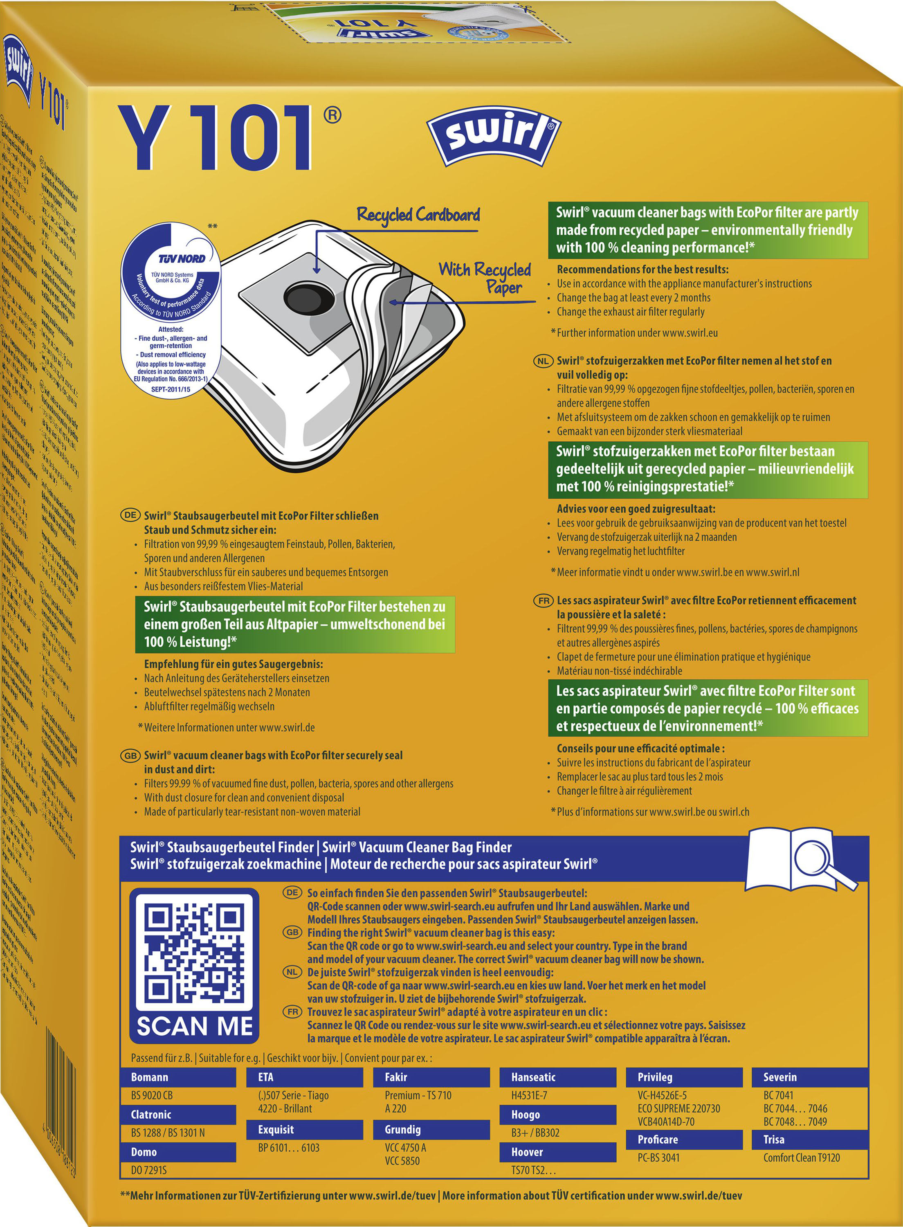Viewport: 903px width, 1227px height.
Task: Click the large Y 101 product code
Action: [x=216, y=138]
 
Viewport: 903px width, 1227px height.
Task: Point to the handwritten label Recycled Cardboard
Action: [x=418, y=215]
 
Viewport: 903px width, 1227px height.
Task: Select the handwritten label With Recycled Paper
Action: [x=485, y=278]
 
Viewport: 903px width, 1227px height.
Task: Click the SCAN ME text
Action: [x=195, y=1026]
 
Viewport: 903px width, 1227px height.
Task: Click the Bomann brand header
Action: [x=150, y=1077]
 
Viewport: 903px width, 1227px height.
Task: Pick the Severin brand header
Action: [x=780, y=1077]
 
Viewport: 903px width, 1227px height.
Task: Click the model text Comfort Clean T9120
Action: [x=801, y=1157]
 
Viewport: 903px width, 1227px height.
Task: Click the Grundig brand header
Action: [x=402, y=1129]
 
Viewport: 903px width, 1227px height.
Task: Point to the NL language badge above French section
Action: [x=543, y=361]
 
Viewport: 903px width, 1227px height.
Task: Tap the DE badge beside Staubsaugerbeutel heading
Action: [x=130, y=515]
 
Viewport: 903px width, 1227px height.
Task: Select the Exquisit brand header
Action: [x=276, y=1129]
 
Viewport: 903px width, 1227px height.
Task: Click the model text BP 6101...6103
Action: [x=289, y=1147]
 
